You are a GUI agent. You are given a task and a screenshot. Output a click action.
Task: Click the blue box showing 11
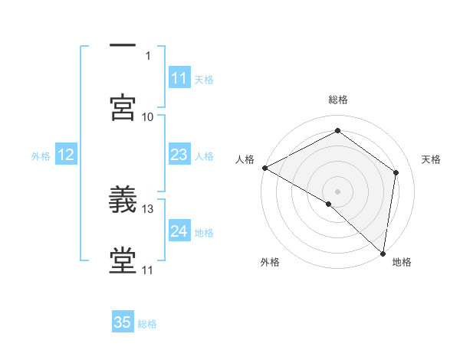179,78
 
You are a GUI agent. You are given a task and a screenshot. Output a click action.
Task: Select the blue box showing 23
179,155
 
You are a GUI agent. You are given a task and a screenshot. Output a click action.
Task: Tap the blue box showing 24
179,232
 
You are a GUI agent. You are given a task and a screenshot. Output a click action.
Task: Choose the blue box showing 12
65,155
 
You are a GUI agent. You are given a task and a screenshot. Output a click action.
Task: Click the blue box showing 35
123,322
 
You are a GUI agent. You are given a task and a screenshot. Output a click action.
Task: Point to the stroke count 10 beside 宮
148,116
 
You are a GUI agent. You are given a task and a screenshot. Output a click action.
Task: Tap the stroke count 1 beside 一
148,55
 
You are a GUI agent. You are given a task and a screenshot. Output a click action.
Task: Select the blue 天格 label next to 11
204,79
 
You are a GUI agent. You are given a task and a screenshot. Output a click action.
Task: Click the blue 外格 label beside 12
41,156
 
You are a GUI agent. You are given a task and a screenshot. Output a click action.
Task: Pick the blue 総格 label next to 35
147,324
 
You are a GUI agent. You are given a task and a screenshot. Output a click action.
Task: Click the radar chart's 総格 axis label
337,100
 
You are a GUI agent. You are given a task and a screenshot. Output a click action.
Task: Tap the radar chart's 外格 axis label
270,262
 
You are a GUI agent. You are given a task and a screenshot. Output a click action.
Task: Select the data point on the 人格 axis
264,168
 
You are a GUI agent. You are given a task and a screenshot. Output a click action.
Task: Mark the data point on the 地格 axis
383,253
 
